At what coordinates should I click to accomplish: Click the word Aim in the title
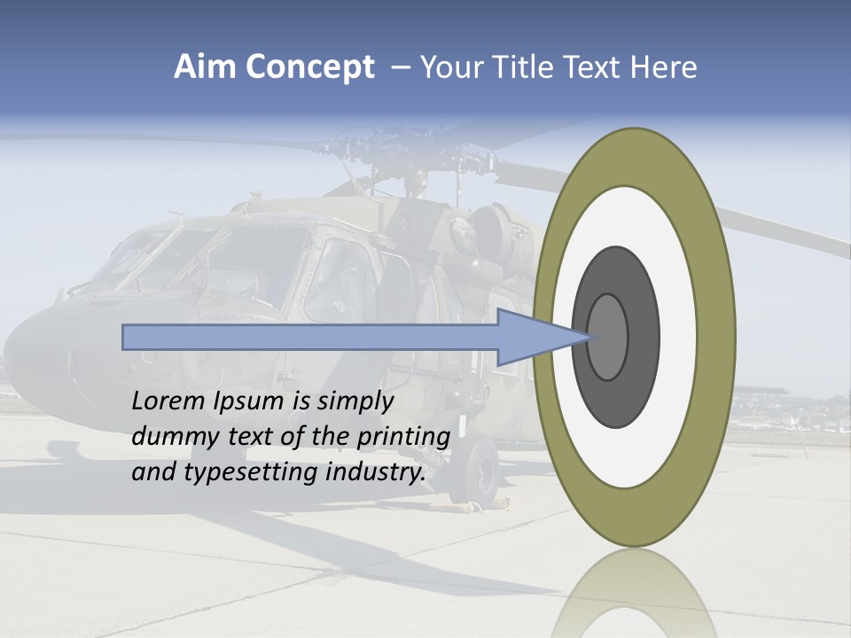[205, 67]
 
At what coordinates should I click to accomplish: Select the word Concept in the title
[308, 67]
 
